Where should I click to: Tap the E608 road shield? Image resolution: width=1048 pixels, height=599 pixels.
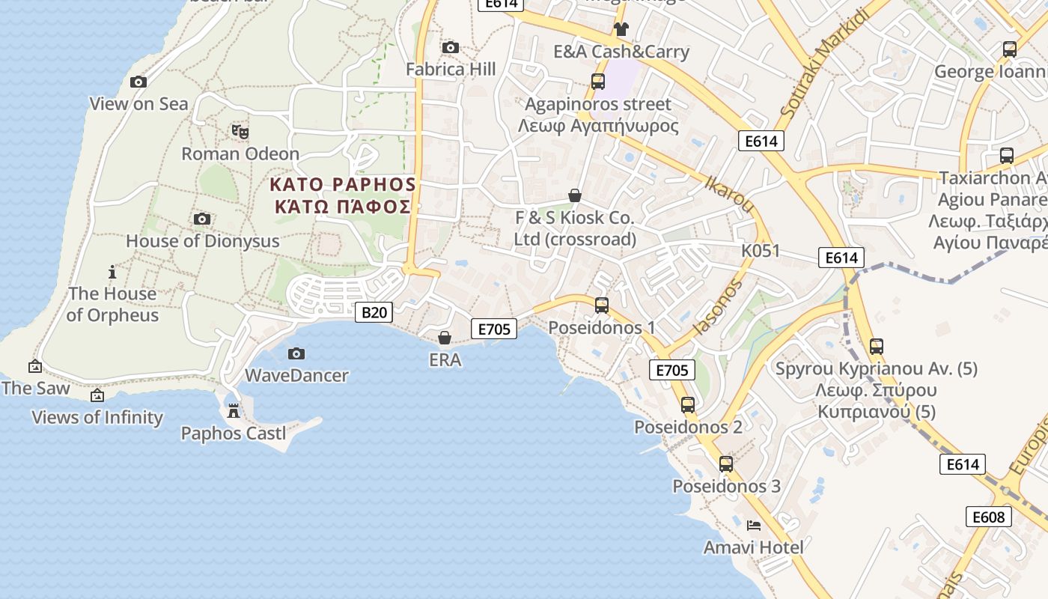coord(988,517)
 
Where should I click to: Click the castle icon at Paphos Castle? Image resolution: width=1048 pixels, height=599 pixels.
coord(234,410)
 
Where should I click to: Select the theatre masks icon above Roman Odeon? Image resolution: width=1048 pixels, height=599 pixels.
coord(240,132)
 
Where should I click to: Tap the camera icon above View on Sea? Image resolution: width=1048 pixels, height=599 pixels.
coord(138,82)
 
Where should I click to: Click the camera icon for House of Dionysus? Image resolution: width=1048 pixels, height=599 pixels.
coord(202,219)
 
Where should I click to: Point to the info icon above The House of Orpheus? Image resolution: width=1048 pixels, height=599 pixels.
coord(112,272)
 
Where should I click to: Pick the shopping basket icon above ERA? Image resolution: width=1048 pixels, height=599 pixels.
coord(445,338)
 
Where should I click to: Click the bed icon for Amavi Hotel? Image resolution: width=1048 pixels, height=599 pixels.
coord(754,526)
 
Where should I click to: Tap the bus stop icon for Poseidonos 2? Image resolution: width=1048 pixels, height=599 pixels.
coord(688,405)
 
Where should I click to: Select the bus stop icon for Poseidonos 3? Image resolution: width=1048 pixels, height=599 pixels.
coord(726,463)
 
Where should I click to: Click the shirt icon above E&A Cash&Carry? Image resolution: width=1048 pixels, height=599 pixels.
coord(621,29)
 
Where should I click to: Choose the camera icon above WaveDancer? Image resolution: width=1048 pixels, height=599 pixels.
coord(296,353)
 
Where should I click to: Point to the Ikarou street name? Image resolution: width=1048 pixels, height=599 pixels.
coord(728,192)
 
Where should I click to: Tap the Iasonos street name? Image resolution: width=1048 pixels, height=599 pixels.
coord(719,307)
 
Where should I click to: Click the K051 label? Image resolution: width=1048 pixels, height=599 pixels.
coord(761,251)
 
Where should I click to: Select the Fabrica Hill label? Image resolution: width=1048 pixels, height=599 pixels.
coord(451,70)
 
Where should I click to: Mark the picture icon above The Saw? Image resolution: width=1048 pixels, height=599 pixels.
coord(34,366)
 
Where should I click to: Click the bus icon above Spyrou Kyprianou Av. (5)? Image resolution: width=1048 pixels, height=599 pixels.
coord(877,347)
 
